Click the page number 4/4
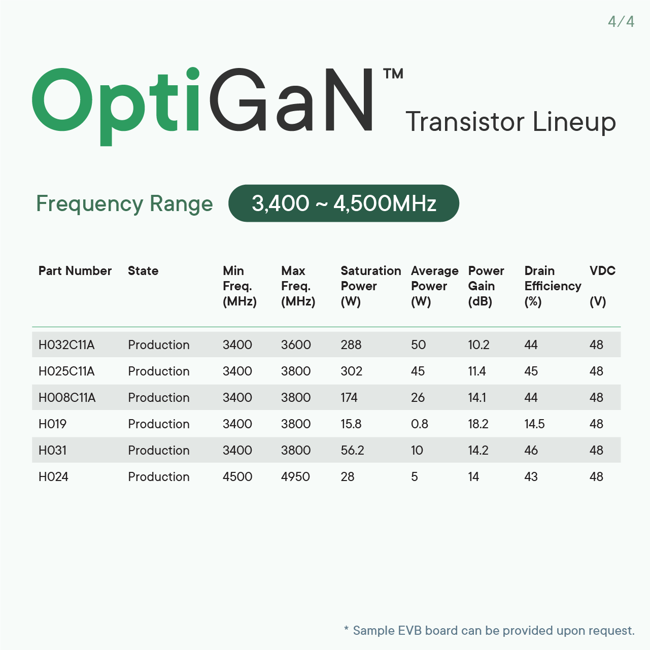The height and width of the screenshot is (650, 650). point(621,22)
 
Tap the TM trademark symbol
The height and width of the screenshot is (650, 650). point(393,74)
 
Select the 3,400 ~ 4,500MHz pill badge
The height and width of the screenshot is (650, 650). point(344,203)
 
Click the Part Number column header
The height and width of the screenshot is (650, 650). point(75,270)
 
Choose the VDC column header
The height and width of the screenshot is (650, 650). point(602,270)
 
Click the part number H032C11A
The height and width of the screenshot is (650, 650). point(66,345)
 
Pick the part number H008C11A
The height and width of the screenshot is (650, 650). point(67,397)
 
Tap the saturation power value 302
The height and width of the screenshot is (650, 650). point(351,371)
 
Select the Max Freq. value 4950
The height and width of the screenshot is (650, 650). point(295,476)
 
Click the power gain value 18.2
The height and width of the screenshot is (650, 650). point(478,424)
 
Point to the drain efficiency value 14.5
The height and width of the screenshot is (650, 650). point(534,424)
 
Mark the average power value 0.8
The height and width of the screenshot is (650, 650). point(419,424)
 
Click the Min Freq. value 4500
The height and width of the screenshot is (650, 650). point(237,476)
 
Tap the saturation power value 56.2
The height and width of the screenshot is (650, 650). point(352,450)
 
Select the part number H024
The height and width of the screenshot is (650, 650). point(53,476)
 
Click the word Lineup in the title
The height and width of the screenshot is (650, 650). point(574,122)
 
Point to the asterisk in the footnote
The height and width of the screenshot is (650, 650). point(346,628)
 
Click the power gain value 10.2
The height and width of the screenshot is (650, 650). point(478,345)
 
